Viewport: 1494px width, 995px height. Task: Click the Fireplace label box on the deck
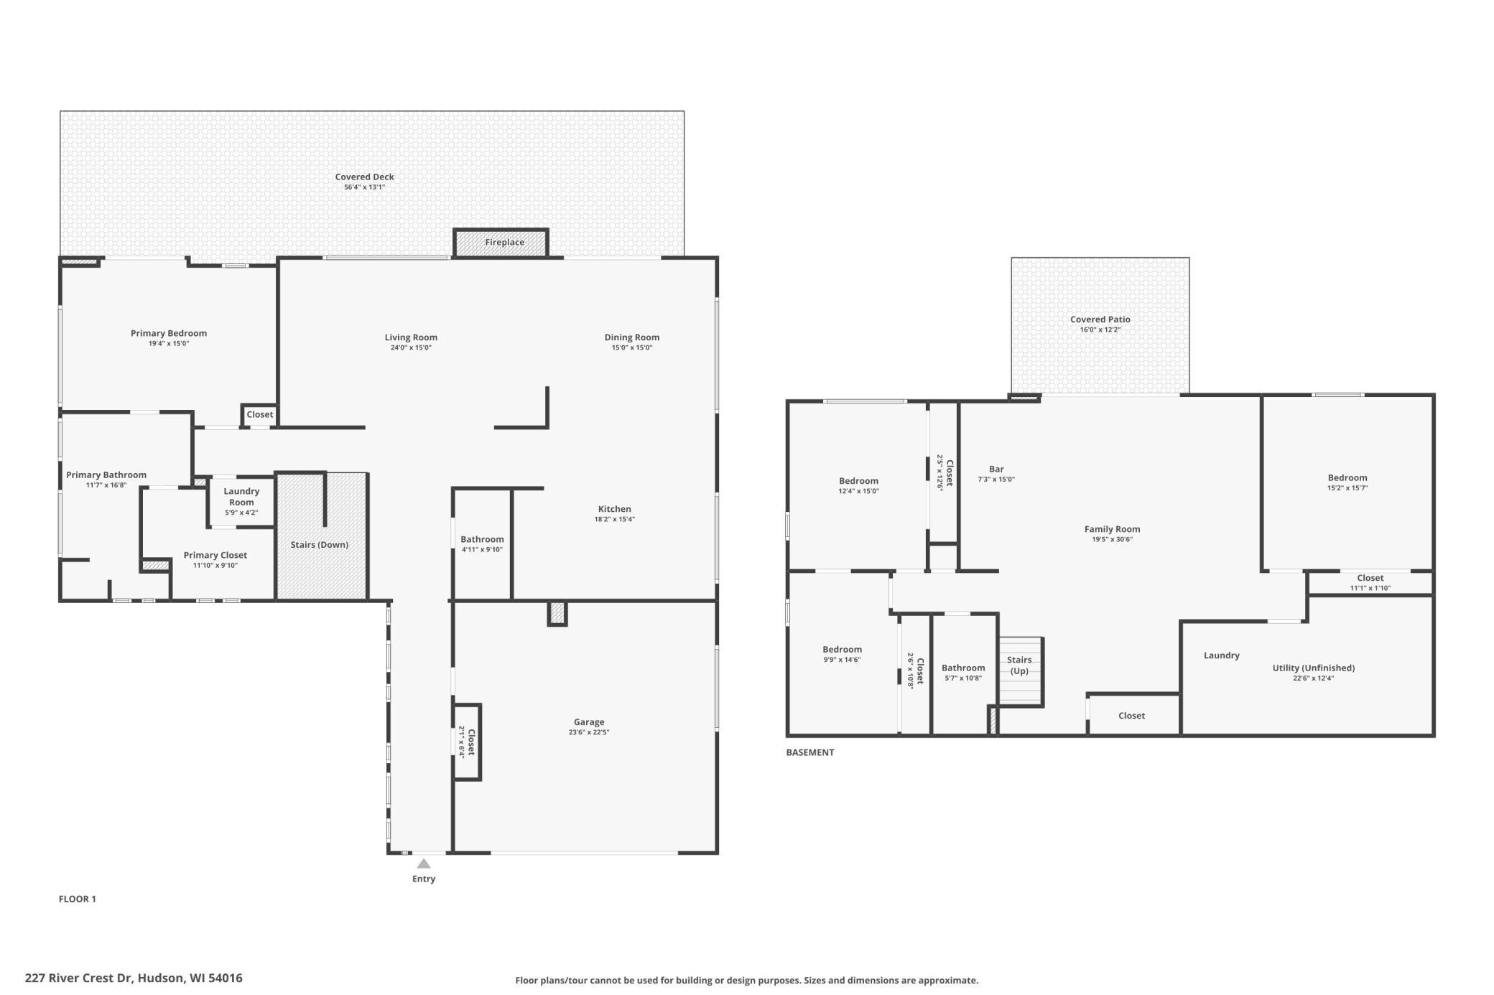[504, 242]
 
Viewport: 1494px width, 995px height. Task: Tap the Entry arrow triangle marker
[424, 864]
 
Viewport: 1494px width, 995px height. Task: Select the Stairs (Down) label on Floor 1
[319, 545]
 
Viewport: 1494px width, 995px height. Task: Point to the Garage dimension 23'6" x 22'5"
[588, 732]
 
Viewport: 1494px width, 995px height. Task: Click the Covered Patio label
[1100, 319]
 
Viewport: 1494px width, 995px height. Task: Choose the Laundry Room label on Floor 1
[241, 497]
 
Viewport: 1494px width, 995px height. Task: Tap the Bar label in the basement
[996, 469]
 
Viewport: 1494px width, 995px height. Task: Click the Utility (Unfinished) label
[1313, 668]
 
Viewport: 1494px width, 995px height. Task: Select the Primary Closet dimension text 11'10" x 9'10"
[215, 566]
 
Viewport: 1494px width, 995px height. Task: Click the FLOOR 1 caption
[77, 899]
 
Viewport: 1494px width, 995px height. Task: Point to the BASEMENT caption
[809, 752]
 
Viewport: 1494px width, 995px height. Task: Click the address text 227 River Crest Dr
[133, 978]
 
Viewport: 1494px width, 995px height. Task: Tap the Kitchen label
[614, 509]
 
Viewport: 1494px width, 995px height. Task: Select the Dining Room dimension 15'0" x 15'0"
[631, 347]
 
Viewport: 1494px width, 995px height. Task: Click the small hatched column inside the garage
[557, 613]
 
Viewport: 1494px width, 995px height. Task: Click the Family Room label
[1112, 529]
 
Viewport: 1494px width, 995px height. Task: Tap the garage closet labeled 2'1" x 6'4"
[467, 742]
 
